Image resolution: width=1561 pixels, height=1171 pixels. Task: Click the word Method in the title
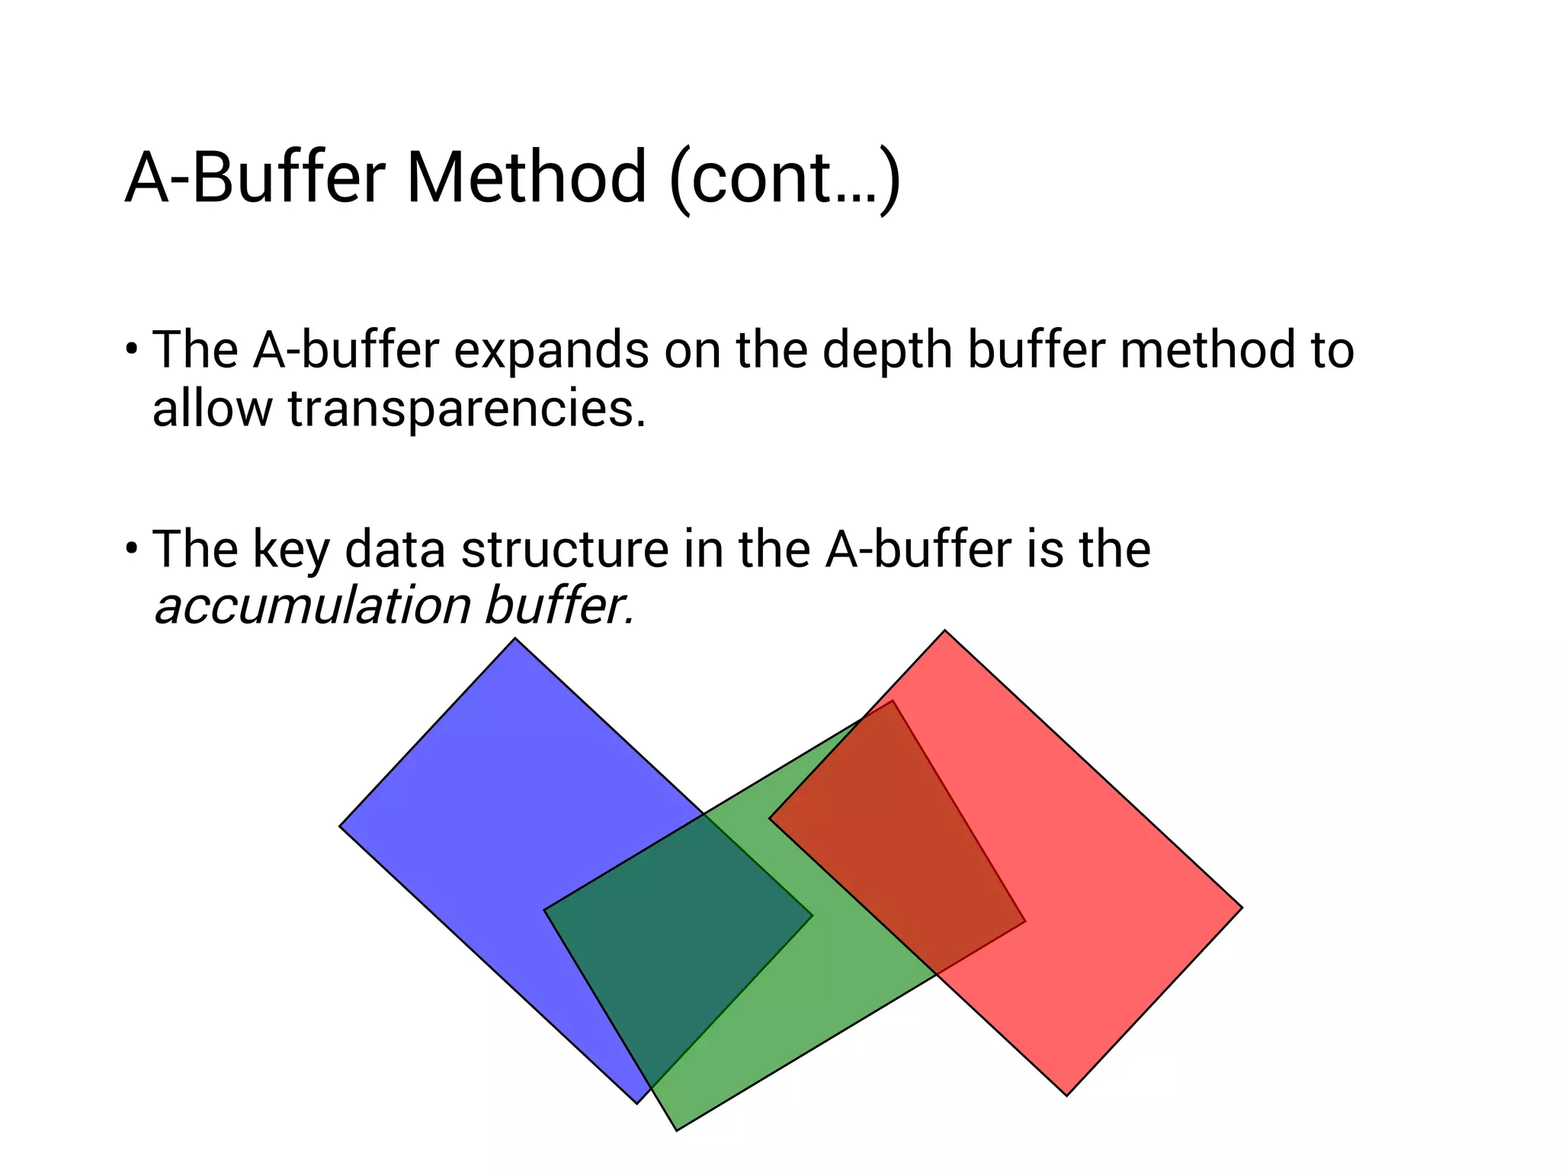tap(526, 178)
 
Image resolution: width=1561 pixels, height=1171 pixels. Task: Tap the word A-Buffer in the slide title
tap(255, 178)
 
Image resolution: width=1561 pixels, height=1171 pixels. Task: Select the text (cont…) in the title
tap(785, 179)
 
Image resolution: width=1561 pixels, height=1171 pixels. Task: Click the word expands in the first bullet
tap(551, 351)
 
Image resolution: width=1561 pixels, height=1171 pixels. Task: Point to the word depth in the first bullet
tap(887, 351)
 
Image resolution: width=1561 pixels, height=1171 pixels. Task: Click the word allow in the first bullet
tap(212, 409)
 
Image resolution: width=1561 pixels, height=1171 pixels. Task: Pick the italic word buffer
tap(559, 607)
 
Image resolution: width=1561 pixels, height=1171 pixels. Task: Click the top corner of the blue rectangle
tap(515, 639)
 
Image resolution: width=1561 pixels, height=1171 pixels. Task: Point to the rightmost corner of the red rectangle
tap(1241, 907)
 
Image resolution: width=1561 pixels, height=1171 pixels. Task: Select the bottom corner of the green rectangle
tap(677, 1129)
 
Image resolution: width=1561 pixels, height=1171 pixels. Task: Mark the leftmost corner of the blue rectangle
tap(341, 826)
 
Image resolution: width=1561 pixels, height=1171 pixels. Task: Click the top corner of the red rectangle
tap(944, 631)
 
